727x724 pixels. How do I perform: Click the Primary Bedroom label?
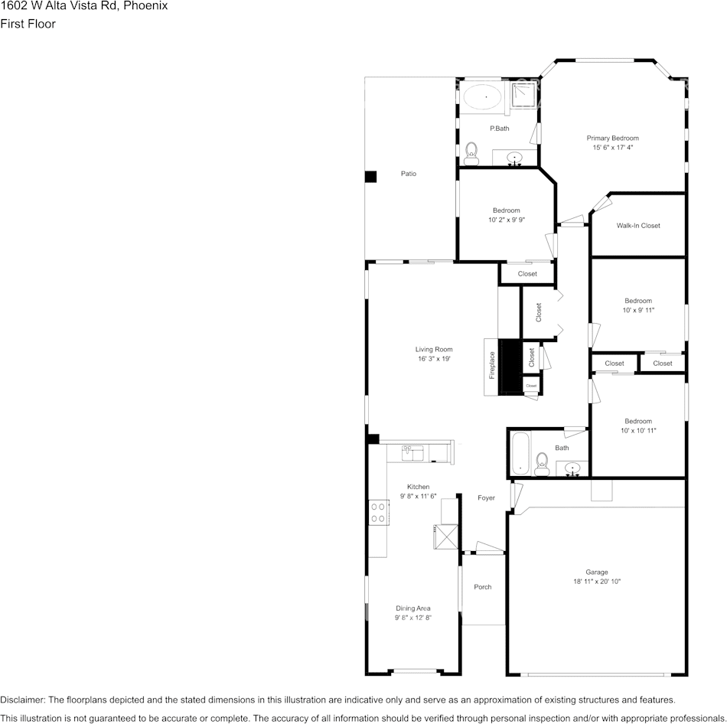612,138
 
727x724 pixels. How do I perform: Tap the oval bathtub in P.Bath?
484,98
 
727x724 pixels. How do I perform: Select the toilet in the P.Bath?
471,150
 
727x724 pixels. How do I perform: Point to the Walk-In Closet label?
638,226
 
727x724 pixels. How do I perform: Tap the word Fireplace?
493,365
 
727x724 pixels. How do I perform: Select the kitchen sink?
413,453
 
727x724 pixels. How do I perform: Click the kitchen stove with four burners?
377,512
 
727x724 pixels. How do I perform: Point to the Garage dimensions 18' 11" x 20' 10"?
597,582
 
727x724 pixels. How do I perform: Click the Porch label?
482,587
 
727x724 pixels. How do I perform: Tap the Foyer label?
486,497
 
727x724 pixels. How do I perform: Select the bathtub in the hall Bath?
520,455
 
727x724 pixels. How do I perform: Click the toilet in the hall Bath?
542,460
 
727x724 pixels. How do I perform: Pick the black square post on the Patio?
371,176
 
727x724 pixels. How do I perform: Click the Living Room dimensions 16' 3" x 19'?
434,358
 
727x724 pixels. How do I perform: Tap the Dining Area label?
412,608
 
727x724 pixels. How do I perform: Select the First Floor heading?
28,24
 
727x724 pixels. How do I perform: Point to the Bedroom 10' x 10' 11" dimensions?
638,431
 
